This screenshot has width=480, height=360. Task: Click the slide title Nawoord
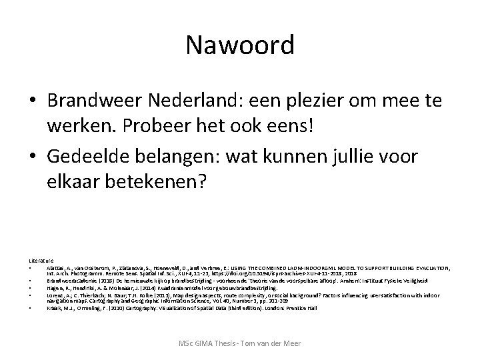(239, 45)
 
